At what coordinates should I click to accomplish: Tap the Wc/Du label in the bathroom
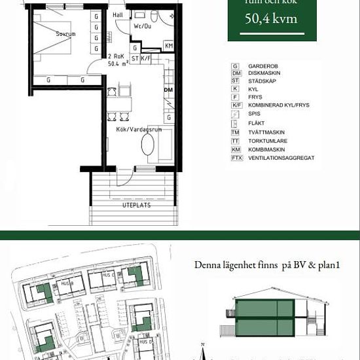[143, 27]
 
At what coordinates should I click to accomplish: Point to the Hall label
[118, 14]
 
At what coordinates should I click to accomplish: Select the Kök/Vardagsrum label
[139, 130]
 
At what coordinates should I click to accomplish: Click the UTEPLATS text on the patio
[136, 205]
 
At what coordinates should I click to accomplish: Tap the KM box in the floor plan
[168, 46]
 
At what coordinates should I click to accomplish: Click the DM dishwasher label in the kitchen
[168, 90]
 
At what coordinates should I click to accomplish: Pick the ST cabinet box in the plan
[135, 58]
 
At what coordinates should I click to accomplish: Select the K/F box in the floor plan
[146, 58]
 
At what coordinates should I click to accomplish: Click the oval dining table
[148, 145]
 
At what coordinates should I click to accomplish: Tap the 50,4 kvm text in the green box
[270, 18]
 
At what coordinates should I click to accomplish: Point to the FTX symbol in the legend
[236, 158]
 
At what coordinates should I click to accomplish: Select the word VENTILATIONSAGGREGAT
[281, 158]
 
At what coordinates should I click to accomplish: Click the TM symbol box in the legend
[236, 132]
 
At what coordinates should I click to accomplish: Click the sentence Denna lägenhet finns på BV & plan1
[269, 265]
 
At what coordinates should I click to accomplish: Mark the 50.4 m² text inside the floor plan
[118, 64]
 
